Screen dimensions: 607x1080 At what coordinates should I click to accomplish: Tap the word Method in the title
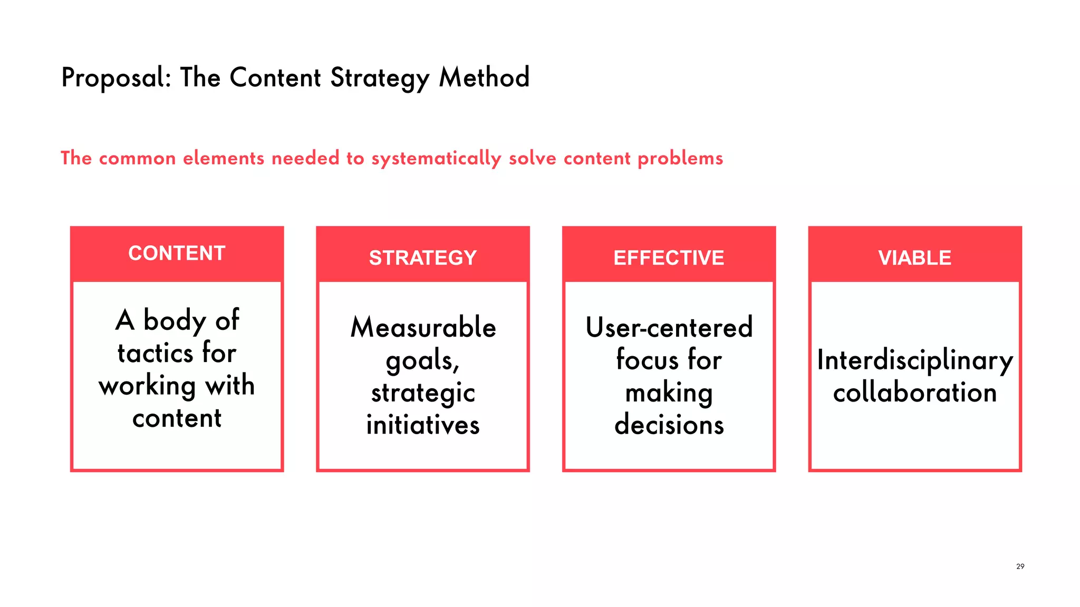coord(484,77)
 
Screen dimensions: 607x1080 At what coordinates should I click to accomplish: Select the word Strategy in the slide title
coord(380,78)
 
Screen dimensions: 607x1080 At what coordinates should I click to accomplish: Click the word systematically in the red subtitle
coord(436,159)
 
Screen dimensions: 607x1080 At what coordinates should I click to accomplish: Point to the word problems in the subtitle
coord(680,159)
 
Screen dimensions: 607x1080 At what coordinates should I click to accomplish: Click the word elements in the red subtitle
coord(223,158)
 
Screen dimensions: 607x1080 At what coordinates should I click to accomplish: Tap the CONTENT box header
coord(177,253)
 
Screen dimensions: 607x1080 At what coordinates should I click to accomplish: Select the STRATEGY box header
coord(422,258)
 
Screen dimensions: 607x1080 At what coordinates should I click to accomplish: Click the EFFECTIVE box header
coord(669,258)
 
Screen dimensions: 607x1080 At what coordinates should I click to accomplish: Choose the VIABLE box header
coord(914,258)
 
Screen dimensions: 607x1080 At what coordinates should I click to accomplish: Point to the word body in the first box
coord(175,320)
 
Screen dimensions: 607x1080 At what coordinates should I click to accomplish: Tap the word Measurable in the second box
coord(423,327)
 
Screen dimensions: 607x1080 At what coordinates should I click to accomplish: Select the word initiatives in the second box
coord(423,425)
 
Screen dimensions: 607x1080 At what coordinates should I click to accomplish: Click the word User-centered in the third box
coord(669,327)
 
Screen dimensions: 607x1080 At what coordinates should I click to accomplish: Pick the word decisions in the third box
coord(669,425)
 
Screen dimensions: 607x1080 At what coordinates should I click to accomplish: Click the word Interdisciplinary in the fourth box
coord(914,361)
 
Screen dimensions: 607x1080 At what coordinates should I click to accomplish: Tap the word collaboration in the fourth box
coord(914,393)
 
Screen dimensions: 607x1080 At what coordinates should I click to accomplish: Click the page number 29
coord(1020,566)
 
